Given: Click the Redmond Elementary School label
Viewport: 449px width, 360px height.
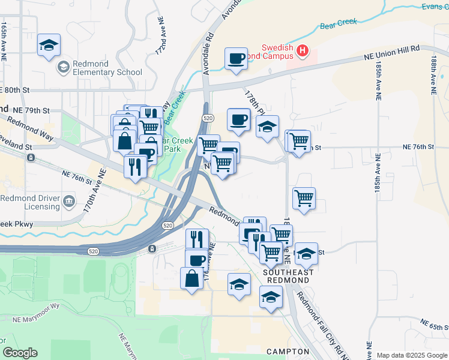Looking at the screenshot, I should [x=107, y=68].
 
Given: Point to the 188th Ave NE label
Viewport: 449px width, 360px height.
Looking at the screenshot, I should [x=433, y=75].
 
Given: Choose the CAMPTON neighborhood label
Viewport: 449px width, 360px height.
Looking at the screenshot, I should [x=288, y=352].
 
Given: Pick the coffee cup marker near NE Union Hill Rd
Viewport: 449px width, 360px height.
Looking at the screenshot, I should [x=236, y=59].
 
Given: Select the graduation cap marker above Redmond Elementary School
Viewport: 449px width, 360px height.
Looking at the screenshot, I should [x=49, y=45].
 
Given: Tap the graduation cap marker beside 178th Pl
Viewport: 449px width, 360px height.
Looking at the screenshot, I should [x=267, y=127].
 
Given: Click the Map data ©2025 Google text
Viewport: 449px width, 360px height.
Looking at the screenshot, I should [x=412, y=355].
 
